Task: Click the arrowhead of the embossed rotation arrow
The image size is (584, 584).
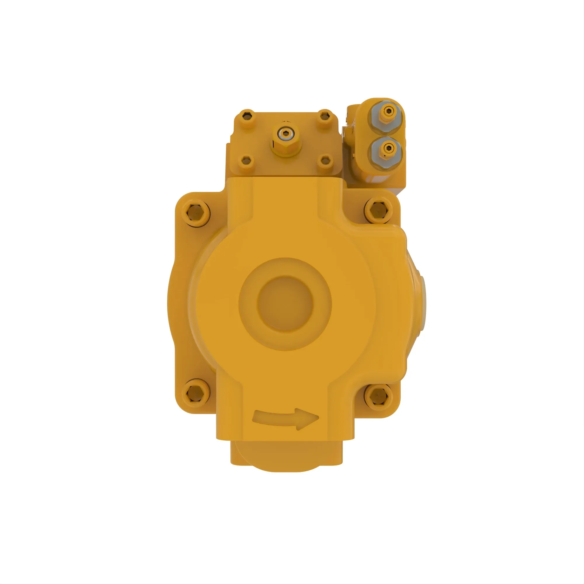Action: point(308,419)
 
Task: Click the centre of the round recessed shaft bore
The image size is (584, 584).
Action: point(285,304)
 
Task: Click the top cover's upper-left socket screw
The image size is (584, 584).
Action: point(247,115)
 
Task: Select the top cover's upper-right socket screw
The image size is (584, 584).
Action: point(324,115)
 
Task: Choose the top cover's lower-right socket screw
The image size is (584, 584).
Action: point(325,161)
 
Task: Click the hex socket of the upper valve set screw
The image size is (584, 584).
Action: point(388,112)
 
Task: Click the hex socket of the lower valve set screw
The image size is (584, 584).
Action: point(388,147)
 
